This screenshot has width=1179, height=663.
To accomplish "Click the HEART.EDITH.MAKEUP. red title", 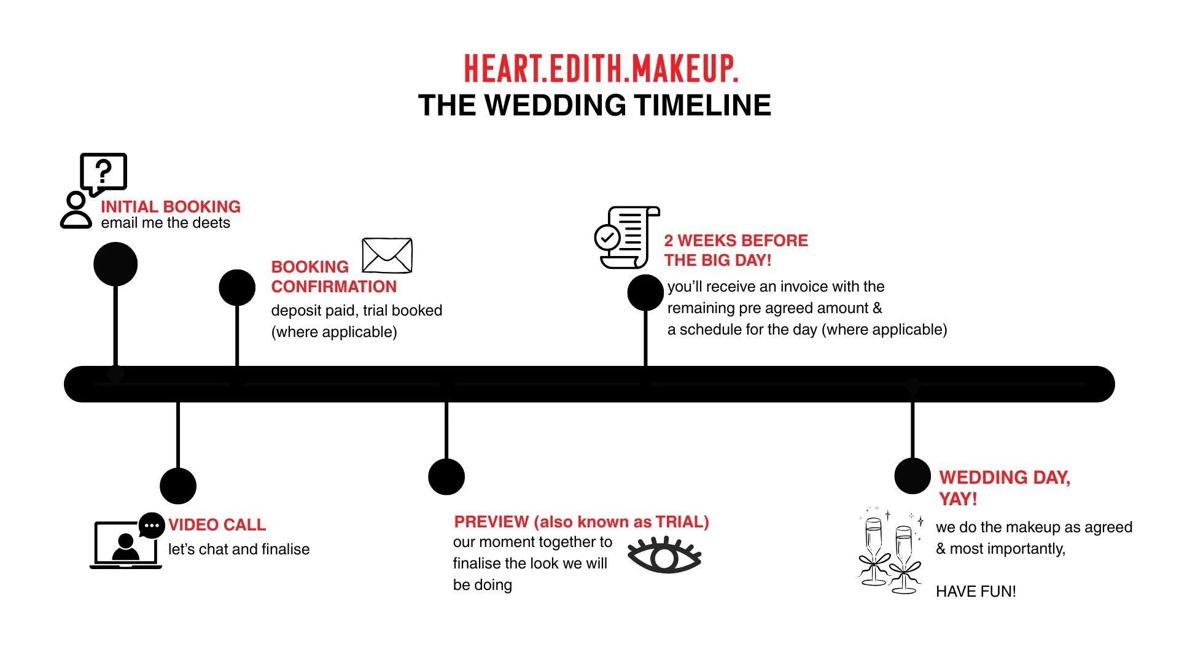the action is coord(601,68).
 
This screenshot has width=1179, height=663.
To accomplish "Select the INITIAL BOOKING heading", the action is coord(171,206).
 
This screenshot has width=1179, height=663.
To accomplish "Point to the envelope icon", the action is coord(387,255).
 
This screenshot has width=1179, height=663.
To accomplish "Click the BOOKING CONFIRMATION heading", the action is coord(333,277).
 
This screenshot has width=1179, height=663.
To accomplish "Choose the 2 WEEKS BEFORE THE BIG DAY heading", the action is coord(736,250).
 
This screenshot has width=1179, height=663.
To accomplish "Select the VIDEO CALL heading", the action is coord(217,525).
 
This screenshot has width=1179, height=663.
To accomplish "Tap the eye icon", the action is coord(664,556).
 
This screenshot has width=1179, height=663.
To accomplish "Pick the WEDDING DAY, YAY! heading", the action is coord(1004,487).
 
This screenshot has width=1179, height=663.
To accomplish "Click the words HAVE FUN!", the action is coord(976,591).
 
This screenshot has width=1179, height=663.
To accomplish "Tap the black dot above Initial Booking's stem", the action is coord(115,264).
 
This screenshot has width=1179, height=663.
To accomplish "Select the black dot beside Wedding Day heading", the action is coord(912,476).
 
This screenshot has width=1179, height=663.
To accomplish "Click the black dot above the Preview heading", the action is coord(446,476).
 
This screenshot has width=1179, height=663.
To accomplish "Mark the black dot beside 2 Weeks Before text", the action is coord(645,293).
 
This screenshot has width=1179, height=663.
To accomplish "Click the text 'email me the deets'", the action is coord(166,223).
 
